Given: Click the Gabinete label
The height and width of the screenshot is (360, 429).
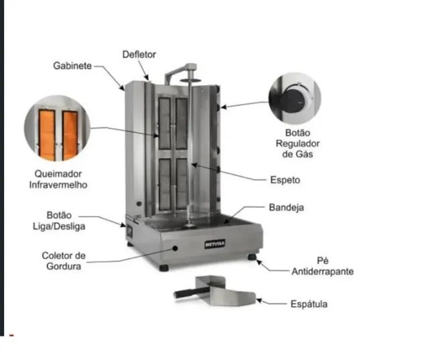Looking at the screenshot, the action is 72,66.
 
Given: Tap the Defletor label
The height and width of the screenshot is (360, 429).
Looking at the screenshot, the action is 139,54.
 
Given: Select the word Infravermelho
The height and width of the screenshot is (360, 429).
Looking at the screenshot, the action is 58,185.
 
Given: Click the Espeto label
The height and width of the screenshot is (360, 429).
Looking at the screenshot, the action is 285,180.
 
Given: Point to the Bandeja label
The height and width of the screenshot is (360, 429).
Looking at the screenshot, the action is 286,207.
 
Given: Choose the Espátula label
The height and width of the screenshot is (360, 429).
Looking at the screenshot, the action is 309,304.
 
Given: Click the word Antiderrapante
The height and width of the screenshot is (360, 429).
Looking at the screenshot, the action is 322,272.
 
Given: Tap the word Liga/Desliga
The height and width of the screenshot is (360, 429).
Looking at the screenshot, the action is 59,227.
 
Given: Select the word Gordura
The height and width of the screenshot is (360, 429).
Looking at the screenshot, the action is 64,266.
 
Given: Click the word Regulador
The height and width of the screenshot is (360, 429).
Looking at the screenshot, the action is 298,143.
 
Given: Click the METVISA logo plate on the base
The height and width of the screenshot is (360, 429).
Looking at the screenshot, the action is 214,244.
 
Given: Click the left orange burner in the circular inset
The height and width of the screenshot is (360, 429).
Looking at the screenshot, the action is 47,134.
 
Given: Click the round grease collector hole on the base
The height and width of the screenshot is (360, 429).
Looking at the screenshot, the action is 175,249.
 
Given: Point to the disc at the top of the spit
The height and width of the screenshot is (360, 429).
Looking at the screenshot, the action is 190,80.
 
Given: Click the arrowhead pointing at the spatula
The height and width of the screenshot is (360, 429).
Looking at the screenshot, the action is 259,301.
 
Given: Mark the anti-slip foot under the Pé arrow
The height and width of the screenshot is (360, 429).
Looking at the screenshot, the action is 252,257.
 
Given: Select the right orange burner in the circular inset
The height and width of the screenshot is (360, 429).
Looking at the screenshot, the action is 70,135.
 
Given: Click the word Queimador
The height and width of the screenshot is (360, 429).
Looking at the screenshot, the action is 58,174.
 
